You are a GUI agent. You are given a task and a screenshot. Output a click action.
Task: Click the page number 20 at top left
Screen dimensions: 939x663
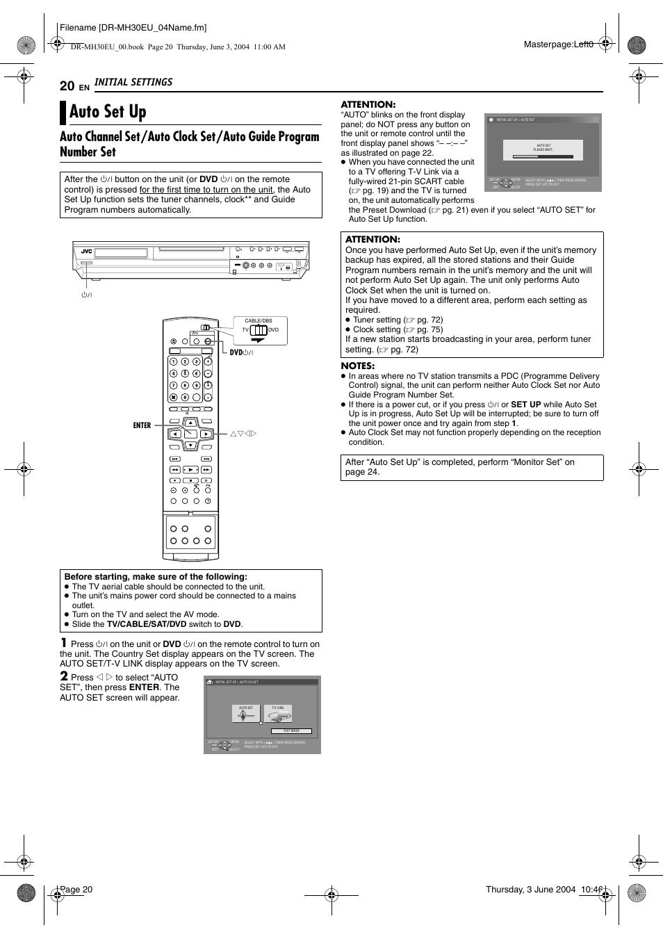pyautogui.click(x=67, y=85)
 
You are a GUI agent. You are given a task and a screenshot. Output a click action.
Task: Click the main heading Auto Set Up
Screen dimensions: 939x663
pyautogui.click(x=108, y=112)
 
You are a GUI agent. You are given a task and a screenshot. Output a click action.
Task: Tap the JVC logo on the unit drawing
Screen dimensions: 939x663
pyautogui.click(x=87, y=252)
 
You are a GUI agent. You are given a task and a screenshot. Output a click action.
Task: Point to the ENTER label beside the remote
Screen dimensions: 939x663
pyautogui.click(x=142, y=425)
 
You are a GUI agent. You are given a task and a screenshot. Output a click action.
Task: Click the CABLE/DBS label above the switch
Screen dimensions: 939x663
pyautogui.click(x=259, y=321)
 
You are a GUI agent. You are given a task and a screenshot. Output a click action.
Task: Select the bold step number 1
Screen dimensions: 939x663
pyautogui.click(x=63, y=643)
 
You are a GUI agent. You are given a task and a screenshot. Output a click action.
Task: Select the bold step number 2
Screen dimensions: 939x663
pyautogui.click(x=64, y=676)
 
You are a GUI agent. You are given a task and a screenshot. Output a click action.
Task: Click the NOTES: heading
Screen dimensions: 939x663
pyautogui.click(x=357, y=366)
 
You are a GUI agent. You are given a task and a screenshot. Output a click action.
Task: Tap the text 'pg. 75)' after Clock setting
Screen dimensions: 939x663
pyautogui.click(x=429, y=329)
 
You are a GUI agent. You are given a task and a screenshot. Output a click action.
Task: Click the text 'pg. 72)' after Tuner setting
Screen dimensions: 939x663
pyautogui.click(x=429, y=320)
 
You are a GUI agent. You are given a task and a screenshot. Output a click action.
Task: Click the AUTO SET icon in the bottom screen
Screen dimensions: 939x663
pyautogui.click(x=246, y=714)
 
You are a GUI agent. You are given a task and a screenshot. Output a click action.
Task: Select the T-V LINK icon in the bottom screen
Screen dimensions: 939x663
pyautogui.click(x=278, y=714)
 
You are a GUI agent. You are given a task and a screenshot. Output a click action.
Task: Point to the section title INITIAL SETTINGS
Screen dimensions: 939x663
pyautogui.click(x=133, y=82)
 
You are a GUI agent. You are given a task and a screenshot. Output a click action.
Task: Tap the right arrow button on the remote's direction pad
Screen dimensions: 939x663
pyautogui.click(x=206, y=434)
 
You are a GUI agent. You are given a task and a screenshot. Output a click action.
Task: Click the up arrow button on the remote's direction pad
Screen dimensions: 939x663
pyautogui.click(x=190, y=423)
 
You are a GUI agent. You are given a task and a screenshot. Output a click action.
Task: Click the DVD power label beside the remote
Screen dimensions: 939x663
pyautogui.click(x=241, y=352)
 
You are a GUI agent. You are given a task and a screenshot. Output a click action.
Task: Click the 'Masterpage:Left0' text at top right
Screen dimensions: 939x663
pyautogui.click(x=558, y=44)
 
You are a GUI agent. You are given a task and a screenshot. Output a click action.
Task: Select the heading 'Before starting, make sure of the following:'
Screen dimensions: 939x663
pyautogui.click(x=156, y=577)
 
